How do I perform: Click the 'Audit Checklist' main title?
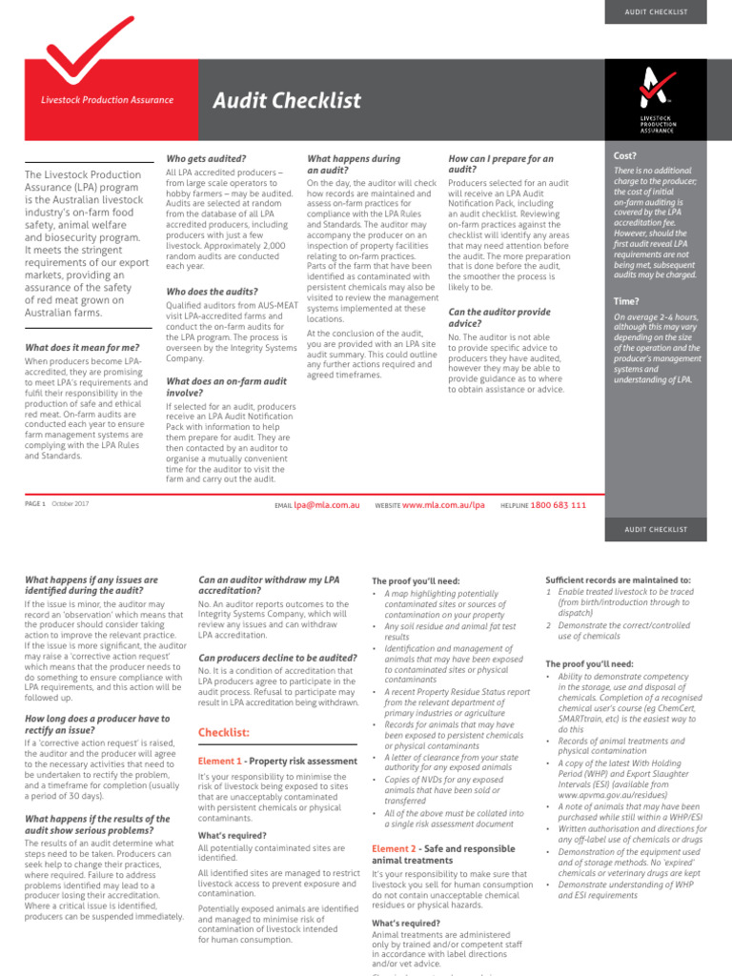pyautogui.click(x=286, y=100)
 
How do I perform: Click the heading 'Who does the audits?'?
pyautogui.click(x=212, y=292)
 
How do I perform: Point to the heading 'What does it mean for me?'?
pyautogui.click(x=82, y=348)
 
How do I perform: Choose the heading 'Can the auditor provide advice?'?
pyautogui.click(x=498, y=317)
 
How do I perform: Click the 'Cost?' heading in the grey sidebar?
pyautogui.click(x=625, y=154)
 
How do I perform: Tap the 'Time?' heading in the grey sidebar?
pyautogui.click(x=626, y=301)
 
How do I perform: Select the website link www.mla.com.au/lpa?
pyautogui.click(x=443, y=505)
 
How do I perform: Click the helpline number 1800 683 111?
pyautogui.click(x=558, y=505)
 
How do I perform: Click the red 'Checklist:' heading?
pyautogui.click(x=223, y=732)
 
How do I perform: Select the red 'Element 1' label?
pyautogui.click(x=219, y=762)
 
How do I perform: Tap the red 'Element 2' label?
pyautogui.click(x=394, y=848)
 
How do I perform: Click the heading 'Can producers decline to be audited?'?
pyautogui.click(x=277, y=658)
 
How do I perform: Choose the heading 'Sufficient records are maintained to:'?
pyautogui.click(x=618, y=579)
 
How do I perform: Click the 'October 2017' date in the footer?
pyautogui.click(x=71, y=504)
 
